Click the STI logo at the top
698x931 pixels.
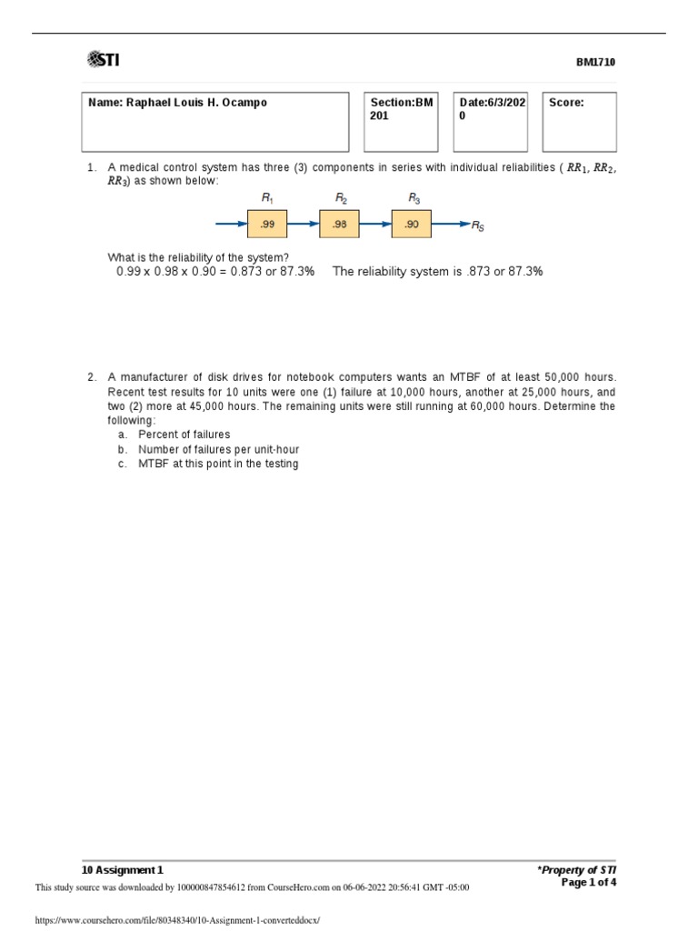[103, 61]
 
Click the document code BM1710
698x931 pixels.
[595, 63]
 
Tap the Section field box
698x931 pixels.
[400, 122]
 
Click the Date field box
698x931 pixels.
[491, 122]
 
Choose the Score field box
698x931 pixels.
[579, 122]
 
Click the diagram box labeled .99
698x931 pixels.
[267, 224]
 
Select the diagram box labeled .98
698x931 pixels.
[339, 224]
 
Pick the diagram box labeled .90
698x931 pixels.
[412, 224]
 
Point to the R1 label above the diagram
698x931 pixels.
[267, 197]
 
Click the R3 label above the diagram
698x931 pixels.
[414, 197]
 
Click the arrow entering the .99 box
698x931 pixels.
[230, 224]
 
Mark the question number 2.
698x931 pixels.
[92, 376]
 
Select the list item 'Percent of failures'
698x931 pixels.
[184, 435]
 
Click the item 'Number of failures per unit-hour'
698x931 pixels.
[218, 449]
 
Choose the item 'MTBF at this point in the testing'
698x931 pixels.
[218, 464]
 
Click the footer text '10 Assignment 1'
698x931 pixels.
[123, 870]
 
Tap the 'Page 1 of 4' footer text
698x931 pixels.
[588, 882]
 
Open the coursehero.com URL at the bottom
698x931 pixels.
[177, 920]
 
